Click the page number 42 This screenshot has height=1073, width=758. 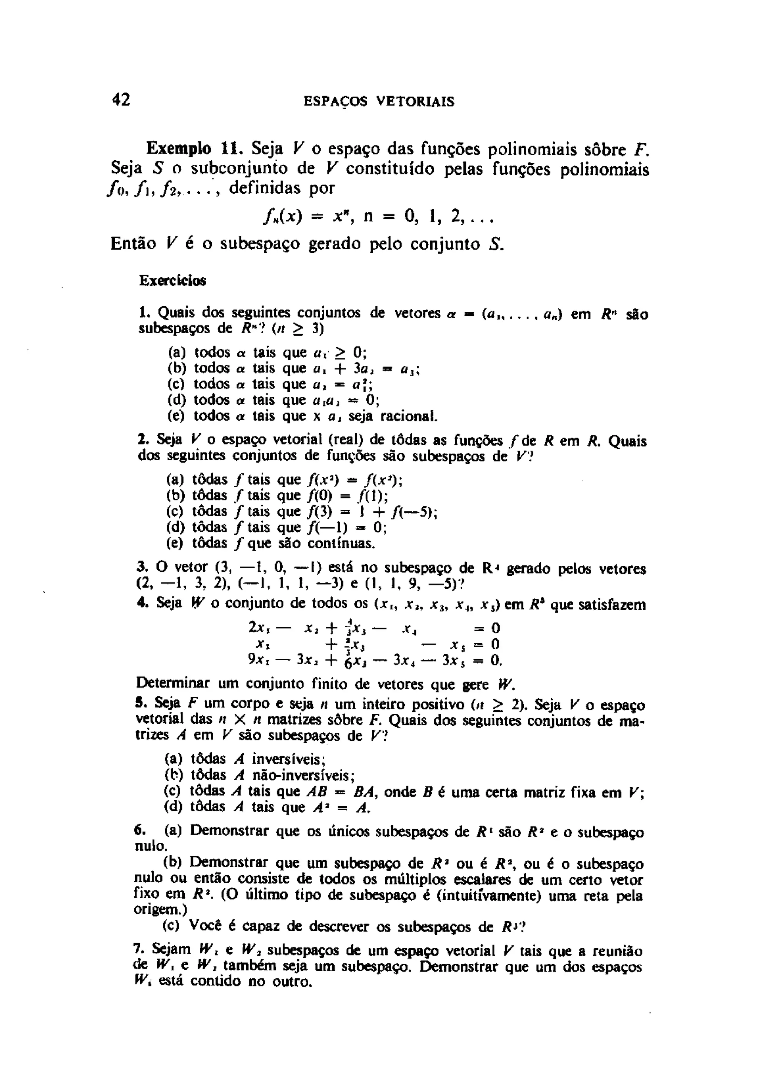(121, 100)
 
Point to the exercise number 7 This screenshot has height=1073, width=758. (137, 950)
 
